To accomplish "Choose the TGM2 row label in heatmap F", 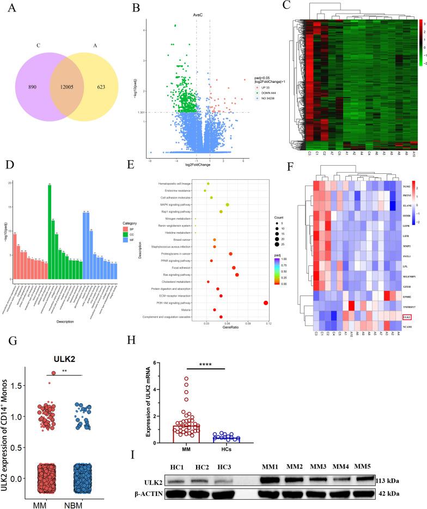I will point(406,186).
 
